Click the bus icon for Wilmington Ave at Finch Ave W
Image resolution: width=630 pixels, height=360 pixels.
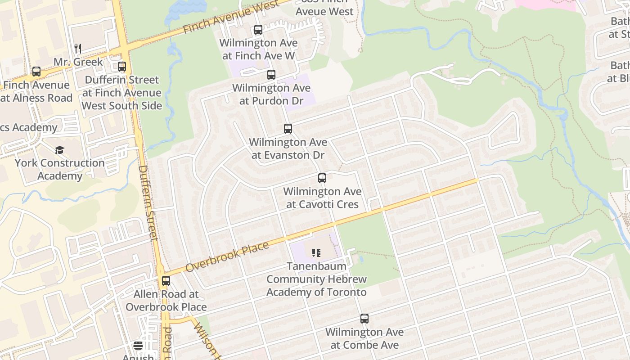(258, 30)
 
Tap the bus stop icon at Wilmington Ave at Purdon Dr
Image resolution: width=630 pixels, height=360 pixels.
(271, 75)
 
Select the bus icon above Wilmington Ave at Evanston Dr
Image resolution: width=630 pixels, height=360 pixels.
(288, 129)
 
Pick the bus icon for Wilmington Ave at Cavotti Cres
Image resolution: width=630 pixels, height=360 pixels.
(322, 178)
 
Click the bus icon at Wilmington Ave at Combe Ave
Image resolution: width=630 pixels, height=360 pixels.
(364, 319)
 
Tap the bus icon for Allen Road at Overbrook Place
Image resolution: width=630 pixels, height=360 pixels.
(166, 281)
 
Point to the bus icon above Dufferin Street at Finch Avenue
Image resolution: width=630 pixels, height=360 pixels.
(122, 67)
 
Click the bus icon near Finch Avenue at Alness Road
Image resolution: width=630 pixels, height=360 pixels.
(36, 72)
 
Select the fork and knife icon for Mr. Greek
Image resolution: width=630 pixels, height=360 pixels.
(78, 49)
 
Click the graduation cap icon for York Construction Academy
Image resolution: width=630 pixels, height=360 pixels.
(59, 150)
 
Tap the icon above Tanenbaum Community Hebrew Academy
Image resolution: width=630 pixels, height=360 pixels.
(316, 253)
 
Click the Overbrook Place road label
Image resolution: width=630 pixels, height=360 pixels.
(227, 257)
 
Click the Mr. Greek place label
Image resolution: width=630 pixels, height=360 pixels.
(78, 62)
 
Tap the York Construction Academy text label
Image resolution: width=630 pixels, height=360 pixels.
(60, 169)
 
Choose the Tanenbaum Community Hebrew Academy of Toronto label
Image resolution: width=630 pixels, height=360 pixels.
(316, 279)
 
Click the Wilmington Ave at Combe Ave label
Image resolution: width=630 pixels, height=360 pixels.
(364, 338)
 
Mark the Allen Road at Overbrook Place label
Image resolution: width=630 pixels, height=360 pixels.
(166, 301)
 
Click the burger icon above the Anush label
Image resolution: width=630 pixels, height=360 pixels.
(138, 346)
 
